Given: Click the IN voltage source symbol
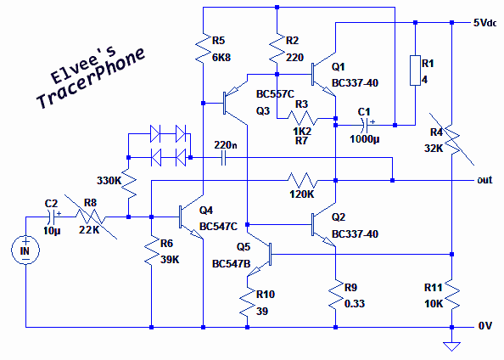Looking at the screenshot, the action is click(25, 250).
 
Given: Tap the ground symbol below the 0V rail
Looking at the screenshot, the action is click(451, 346).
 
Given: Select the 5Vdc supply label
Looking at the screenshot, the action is click(484, 23).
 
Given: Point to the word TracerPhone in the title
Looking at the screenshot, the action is click(91, 79).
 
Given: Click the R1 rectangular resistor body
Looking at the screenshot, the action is click(415, 70).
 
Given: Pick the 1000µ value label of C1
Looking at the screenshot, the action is click(365, 139).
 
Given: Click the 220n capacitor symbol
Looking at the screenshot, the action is click(224, 158).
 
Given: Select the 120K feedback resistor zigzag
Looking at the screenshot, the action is click(302, 181).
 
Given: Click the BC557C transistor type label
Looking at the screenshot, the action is click(275, 94).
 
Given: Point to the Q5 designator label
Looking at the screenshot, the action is click(244, 247).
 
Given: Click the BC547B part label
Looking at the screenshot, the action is click(231, 264).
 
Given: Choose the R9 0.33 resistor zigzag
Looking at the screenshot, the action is click(335, 295).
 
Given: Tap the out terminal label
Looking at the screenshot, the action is click(484, 180).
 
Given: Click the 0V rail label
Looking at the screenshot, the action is click(485, 326).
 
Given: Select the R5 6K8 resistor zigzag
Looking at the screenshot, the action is click(203, 48).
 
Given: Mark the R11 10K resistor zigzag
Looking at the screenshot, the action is click(451, 295).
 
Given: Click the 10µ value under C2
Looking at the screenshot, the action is click(52, 231).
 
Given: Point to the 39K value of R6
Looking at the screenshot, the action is click(170, 260).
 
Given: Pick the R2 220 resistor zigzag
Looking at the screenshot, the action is click(277, 48).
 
